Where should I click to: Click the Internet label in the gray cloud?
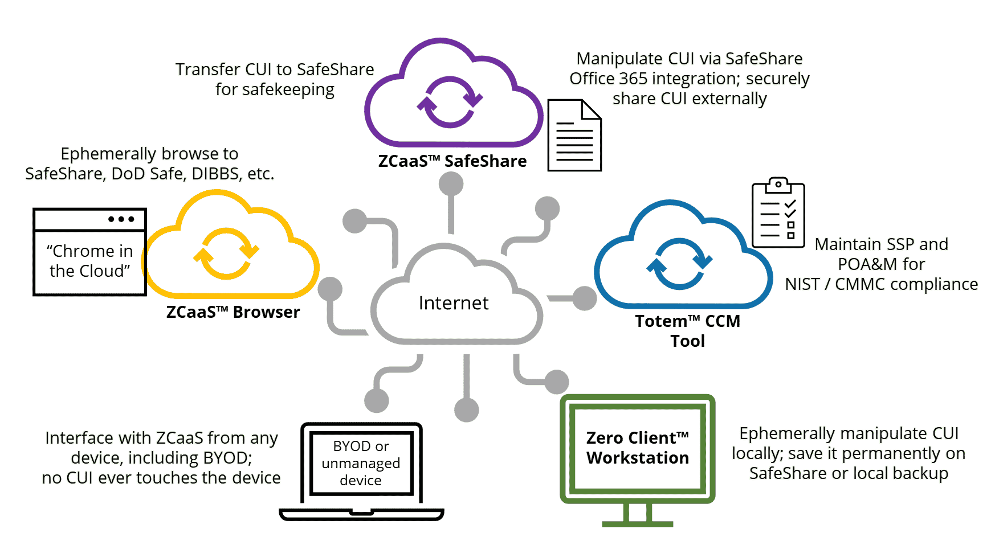click(x=453, y=303)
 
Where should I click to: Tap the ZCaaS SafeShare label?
click(x=452, y=161)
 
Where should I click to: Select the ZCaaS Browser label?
click(x=233, y=312)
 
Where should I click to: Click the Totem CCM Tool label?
click(x=687, y=331)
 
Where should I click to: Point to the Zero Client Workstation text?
click(x=637, y=448)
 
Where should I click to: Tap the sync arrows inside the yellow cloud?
click(x=226, y=254)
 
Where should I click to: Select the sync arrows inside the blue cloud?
click(x=679, y=264)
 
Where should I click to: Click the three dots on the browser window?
click(x=121, y=219)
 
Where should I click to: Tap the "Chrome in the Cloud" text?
click(x=90, y=261)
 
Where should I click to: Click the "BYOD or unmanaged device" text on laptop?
click(x=361, y=463)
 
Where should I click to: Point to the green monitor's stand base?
click(x=637, y=523)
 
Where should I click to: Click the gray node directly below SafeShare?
click(x=451, y=184)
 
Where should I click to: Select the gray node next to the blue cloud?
click(x=584, y=298)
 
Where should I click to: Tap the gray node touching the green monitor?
click(x=557, y=382)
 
